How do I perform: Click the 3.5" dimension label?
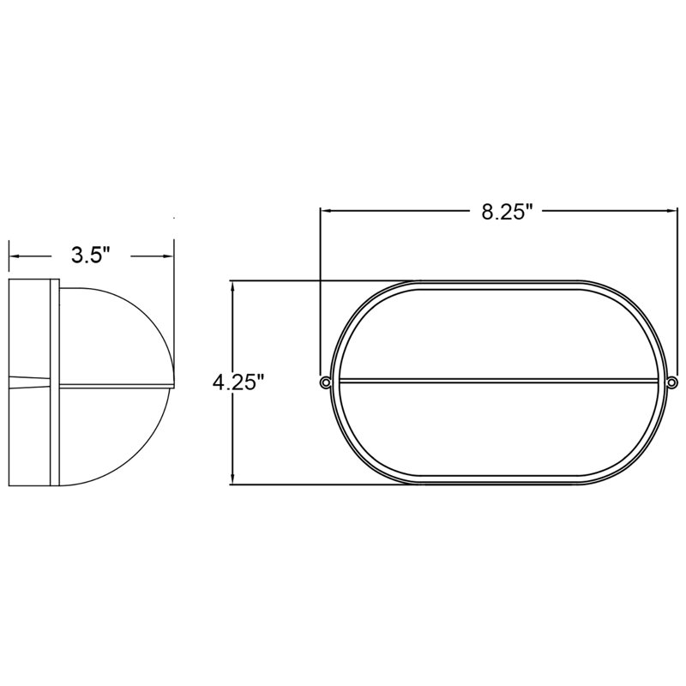(x=89, y=255)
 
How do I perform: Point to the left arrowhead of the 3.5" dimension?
(x=14, y=255)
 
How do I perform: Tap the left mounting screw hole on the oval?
(x=324, y=382)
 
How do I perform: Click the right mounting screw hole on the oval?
(x=671, y=382)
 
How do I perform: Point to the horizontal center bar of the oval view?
(x=497, y=381)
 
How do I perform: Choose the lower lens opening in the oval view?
(x=497, y=429)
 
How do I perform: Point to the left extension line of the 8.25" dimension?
(x=320, y=292)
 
